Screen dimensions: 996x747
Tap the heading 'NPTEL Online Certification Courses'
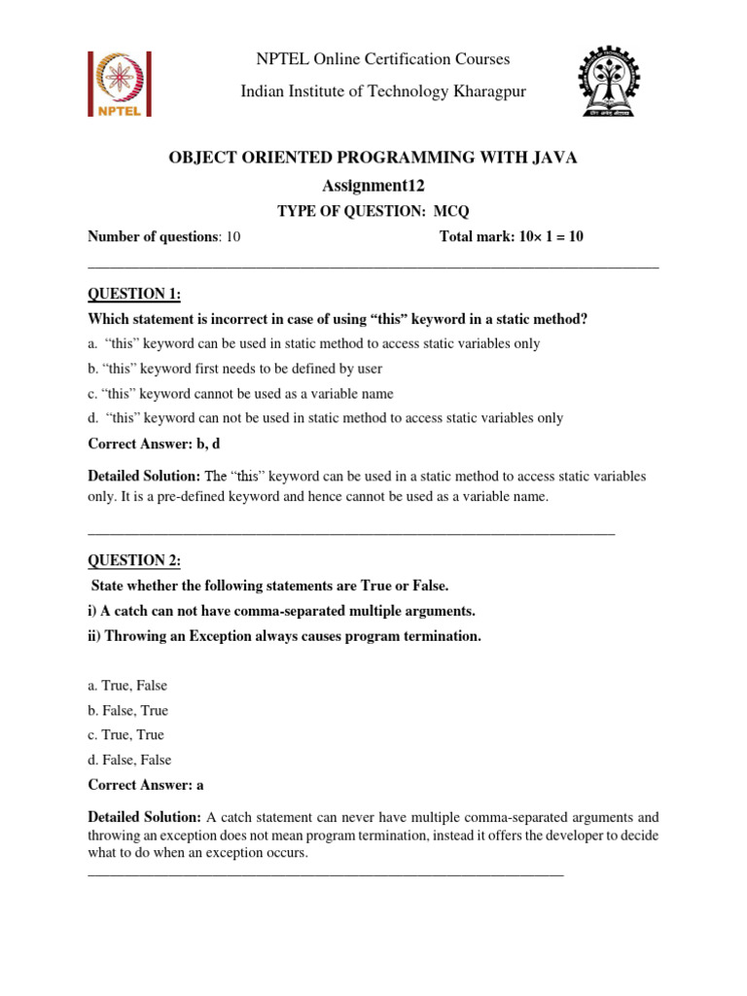click(x=382, y=59)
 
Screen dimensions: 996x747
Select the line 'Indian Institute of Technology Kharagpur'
click(x=382, y=91)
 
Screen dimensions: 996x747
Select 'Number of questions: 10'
click(x=163, y=236)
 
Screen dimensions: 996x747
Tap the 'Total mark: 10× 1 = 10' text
click(x=512, y=236)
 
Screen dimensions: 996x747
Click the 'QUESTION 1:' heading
click(x=134, y=295)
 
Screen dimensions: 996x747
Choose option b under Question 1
click(x=234, y=369)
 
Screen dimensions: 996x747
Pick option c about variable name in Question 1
click(x=240, y=394)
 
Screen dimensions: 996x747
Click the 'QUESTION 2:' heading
click(x=134, y=560)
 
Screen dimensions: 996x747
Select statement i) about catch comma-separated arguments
click(x=281, y=611)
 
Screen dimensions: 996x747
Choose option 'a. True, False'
click(x=127, y=686)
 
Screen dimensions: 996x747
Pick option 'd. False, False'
click(x=129, y=760)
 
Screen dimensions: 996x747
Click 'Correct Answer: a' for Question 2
click(x=146, y=785)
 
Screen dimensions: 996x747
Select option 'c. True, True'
click(x=125, y=735)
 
